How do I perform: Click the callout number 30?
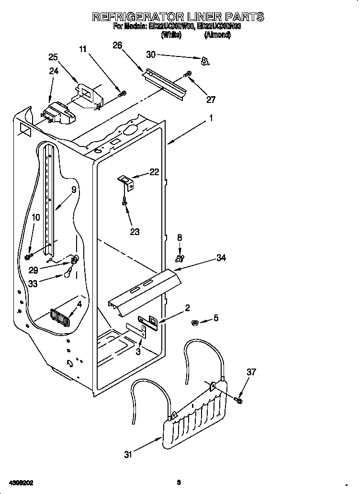pos(151,55)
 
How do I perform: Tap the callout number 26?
pos(117,45)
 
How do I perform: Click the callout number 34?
pos(221,258)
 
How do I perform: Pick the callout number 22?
pos(154,172)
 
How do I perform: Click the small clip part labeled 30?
pos(205,61)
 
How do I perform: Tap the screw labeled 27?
pos(188,74)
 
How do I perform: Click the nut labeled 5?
pos(195,322)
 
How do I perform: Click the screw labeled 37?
pos(239,398)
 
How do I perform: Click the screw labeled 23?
pos(125,202)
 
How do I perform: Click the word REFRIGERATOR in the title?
pos(136,17)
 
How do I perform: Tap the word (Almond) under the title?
pos(217,35)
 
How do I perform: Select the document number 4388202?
pos(20,482)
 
